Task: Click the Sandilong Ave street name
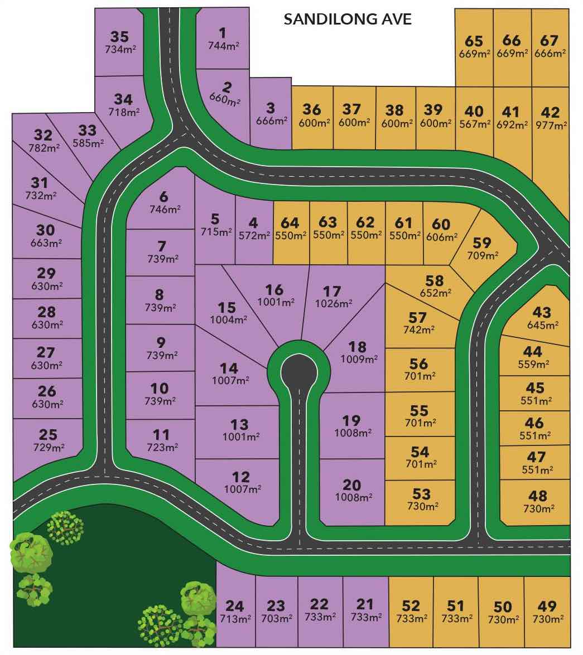pyautogui.click(x=348, y=20)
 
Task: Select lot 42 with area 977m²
pyautogui.click(x=550, y=118)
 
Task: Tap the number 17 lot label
pyautogui.click(x=331, y=291)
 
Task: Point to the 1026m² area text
pyautogui.click(x=334, y=304)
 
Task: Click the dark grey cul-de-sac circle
pyautogui.click(x=297, y=368)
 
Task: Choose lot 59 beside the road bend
pyautogui.click(x=481, y=248)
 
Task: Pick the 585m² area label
pyautogui.click(x=88, y=143)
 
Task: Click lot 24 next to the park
pyautogui.click(x=235, y=612)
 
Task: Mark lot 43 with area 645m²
pyautogui.click(x=541, y=318)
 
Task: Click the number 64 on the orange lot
pyautogui.click(x=290, y=223)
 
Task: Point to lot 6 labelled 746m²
pyautogui.click(x=164, y=202)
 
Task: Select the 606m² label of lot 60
pyautogui.click(x=440, y=237)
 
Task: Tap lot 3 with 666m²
pyautogui.click(x=271, y=113)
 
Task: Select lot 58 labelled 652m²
pyautogui.click(x=433, y=285)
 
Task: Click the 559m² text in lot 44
pyautogui.click(x=533, y=365)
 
